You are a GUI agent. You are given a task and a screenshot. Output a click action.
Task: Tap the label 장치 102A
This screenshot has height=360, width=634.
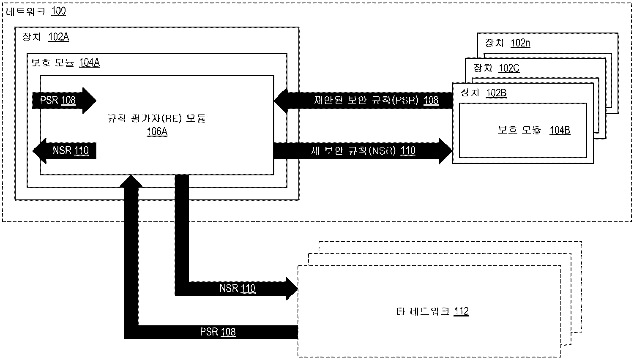tap(46, 37)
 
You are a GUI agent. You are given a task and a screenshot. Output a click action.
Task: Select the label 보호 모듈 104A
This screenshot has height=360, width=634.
tap(66, 63)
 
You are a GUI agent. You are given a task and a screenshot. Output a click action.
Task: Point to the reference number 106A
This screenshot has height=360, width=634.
tap(157, 131)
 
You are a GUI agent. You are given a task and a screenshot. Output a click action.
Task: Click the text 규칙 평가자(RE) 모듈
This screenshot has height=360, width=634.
tap(156, 119)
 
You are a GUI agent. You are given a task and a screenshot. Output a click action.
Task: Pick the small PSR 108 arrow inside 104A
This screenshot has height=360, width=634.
tap(63, 101)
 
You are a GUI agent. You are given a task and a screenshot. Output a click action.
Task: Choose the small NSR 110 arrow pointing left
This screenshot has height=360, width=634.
tap(65, 150)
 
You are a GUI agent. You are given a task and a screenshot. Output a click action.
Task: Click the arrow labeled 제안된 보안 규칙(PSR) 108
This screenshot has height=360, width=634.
tap(363, 100)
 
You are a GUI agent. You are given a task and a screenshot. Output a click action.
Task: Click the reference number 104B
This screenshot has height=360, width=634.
tap(560, 130)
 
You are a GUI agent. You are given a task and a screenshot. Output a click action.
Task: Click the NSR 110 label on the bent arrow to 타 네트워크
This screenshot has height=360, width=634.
tap(237, 289)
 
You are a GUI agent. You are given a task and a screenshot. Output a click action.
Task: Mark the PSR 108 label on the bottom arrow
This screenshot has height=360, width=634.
tap(217, 332)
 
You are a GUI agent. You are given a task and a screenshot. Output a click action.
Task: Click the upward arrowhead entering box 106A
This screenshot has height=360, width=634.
tap(131, 180)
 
